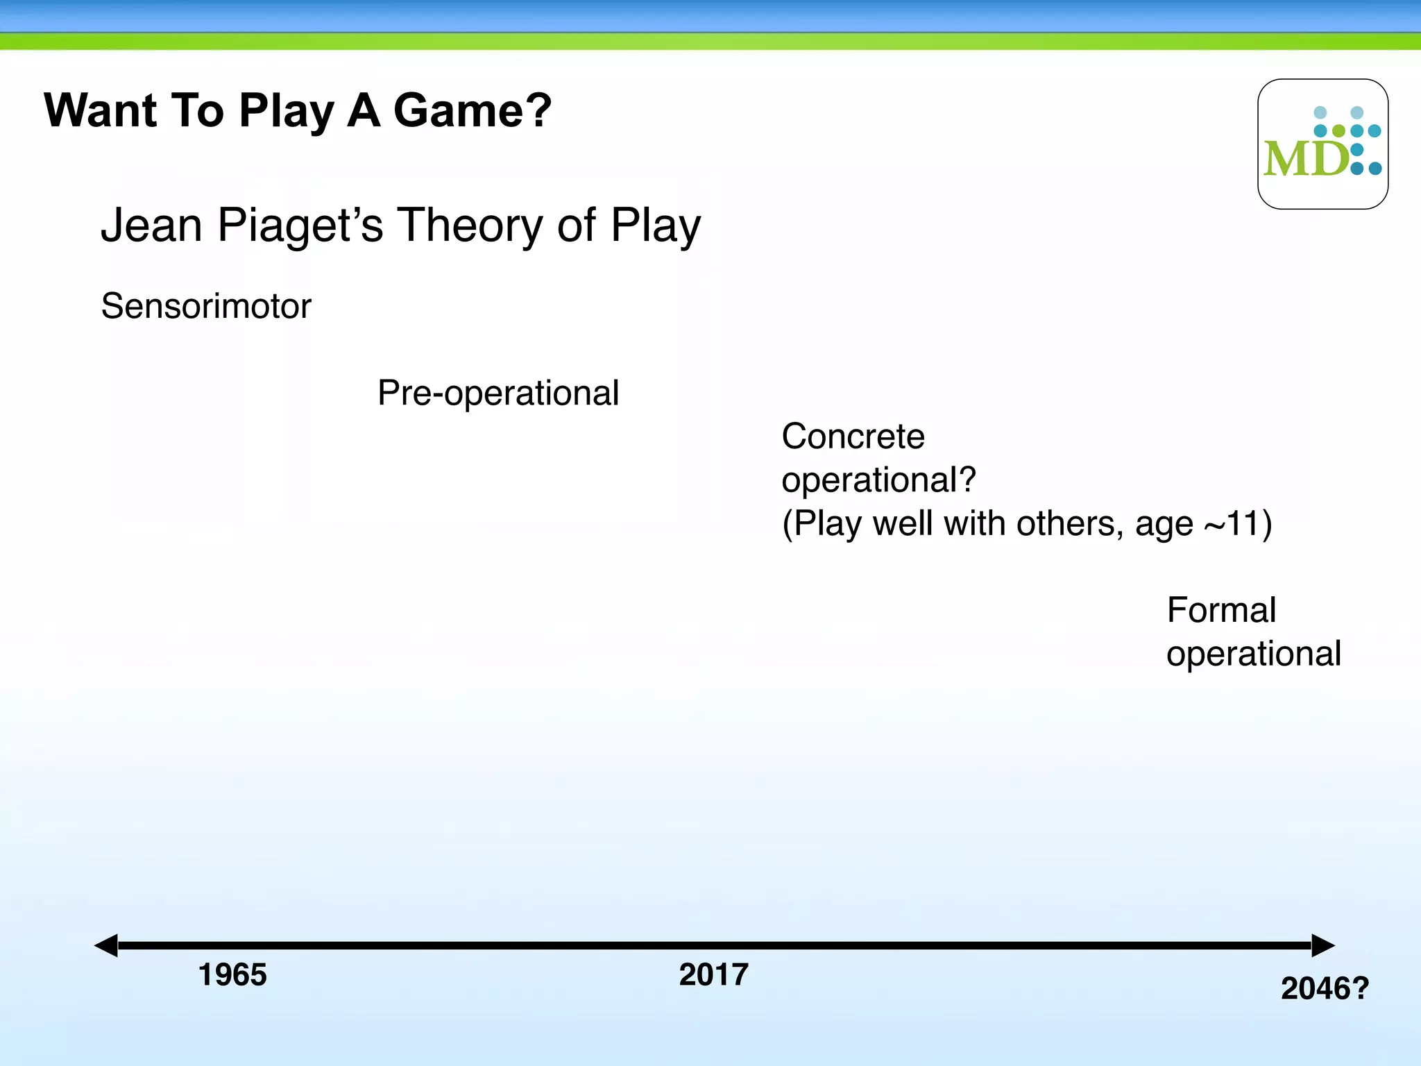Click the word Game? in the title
(x=472, y=111)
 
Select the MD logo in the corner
(x=1322, y=144)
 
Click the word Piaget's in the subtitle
(x=300, y=226)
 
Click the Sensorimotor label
(x=206, y=306)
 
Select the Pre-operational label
(x=497, y=393)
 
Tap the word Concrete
(x=853, y=437)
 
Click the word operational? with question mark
(x=878, y=480)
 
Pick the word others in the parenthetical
(x=1069, y=523)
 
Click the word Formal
(x=1221, y=611)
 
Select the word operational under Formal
(x=1253, y=654)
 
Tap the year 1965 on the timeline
(x=232, y=975)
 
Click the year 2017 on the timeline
(x=713, y=975)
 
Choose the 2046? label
(x=1324, y=989)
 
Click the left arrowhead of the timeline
(x=106, y=945)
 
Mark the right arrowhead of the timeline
(x=1322, y=945)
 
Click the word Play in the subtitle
(x=655, y=226)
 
